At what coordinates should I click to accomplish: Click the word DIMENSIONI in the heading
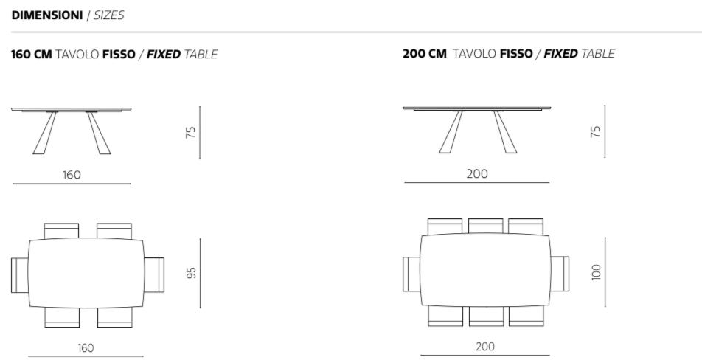coord(47,15)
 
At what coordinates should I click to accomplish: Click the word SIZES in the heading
coord(109,15)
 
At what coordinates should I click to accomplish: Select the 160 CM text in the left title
coord(31,54)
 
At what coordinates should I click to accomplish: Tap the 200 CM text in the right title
coord(425,54)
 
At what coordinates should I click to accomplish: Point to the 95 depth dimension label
coord(191,273)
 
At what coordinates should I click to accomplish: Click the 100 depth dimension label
coord(596,271)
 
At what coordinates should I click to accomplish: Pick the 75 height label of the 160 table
coord(191,132)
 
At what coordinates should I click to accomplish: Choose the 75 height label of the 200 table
coord(596,131)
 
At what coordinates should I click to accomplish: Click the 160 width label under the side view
coord(72,175)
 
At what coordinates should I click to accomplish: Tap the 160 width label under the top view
coord(86,348)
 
